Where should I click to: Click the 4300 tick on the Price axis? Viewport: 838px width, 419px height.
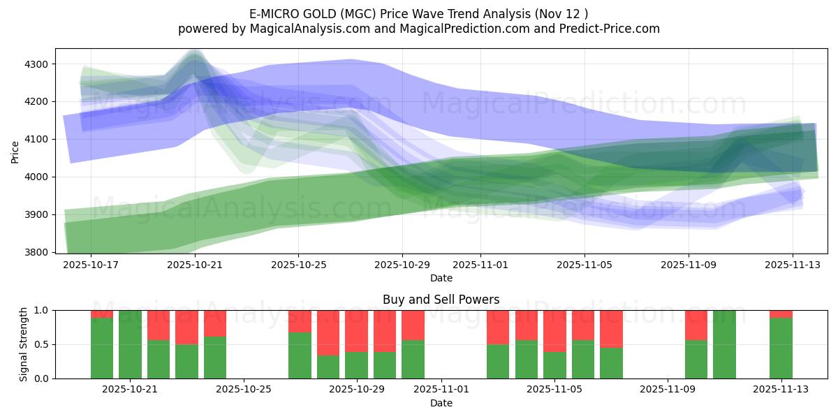[36, 64]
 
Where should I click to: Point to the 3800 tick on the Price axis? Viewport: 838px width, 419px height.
[36, 252]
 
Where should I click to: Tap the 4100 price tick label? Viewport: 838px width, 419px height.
[36, 140]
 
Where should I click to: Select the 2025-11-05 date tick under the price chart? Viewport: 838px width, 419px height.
[585, 265]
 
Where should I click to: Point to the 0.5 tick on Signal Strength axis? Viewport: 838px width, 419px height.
[41, 344]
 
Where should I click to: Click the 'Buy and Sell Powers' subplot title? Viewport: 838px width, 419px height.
[441, 300]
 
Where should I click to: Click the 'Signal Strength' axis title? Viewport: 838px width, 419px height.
[23, 344]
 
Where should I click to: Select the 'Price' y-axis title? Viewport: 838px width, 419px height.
[15, 152]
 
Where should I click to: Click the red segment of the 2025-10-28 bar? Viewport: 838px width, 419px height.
[328, 332]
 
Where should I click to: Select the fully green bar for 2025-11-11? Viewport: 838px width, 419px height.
[724, 344]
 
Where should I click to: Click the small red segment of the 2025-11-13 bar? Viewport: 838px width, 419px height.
[781, 314]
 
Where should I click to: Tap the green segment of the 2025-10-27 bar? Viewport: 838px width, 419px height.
[300, 355]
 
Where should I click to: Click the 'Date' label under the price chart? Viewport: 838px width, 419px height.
[441, 278]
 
